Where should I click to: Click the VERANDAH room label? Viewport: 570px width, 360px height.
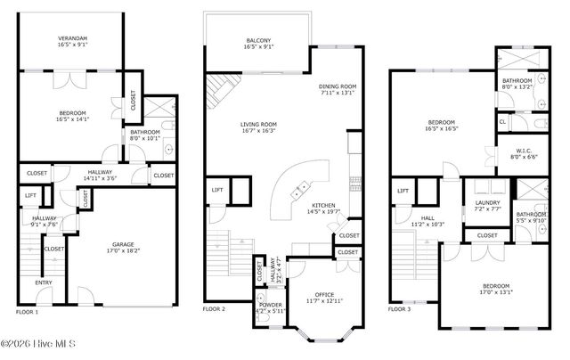click(x=73, y=38)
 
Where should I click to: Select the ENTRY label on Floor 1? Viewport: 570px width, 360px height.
click(x=44, y=282)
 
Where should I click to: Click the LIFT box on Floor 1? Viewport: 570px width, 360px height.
click(x=30, y=194)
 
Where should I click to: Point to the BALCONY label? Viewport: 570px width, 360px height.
click(x=258, y=41)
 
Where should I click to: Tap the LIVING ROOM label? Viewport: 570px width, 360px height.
click(x=258, y=125)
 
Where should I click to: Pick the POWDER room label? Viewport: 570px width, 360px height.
click(x=271, y=305)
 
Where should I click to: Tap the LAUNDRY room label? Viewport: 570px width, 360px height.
click(x=486, y=202)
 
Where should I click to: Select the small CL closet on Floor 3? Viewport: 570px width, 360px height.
click(x=502, y=121)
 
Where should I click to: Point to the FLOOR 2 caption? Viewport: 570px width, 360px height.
click(x=215, y=309)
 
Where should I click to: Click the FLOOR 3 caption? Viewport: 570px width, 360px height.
click(x=401, y=309)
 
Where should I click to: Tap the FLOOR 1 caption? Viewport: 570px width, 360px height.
click(x=28, y=312)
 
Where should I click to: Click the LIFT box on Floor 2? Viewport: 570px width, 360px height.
click(x=217, y=189)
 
